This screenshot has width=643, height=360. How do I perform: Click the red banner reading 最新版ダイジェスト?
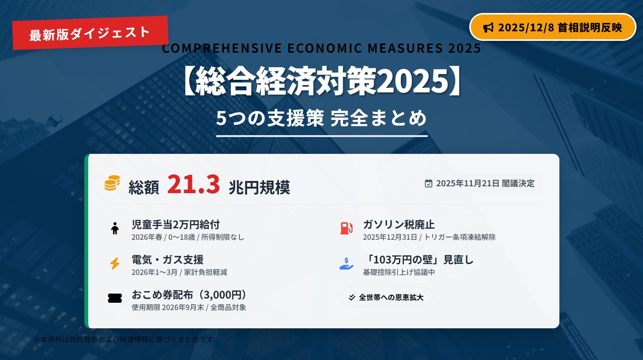pyautogui.click(x=90, y=33)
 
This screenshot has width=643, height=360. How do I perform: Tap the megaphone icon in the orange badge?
pyautogui.click(x=488, y=27)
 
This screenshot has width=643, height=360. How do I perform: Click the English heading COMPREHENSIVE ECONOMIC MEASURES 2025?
pyautogui.click(x=321, y=48)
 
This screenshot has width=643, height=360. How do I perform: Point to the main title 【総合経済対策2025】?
pyautogui.click(x=321, y=81)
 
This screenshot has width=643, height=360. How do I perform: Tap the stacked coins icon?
pyautogui.click(x=112, y=183)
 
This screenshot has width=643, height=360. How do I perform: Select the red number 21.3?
pyautogui.click(x=194, y=184)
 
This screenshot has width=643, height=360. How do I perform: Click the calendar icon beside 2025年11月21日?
pyautogui.click(x=428, y=183)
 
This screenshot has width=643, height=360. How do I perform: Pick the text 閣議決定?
pyautogui.click(x=518, y=183)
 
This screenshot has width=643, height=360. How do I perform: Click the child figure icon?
pyautogui.click(x=115, y=229)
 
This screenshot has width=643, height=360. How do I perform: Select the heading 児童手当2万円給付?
pyautogui.click(x=176, y=224)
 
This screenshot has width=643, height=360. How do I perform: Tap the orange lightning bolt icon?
pyautogui.click(x=115, y=263)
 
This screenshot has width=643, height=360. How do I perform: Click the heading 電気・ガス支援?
pyautogui.click(x=168, y=260)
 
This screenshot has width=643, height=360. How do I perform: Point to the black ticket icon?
pyautogui.click(x=115, y=298)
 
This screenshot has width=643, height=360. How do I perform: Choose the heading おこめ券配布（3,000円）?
pyautogui.click(x=189, y=295)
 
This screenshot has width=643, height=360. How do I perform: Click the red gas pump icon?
pyautogui.click(x=346, y=229)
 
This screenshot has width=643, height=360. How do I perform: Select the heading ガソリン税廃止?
pyautogui.click(x=399, y=224)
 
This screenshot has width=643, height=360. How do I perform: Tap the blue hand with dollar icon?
pyautogui.click(x=346, y=263)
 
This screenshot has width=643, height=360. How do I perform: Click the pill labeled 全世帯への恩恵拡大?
pyautogui.click(x=386, y=297)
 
